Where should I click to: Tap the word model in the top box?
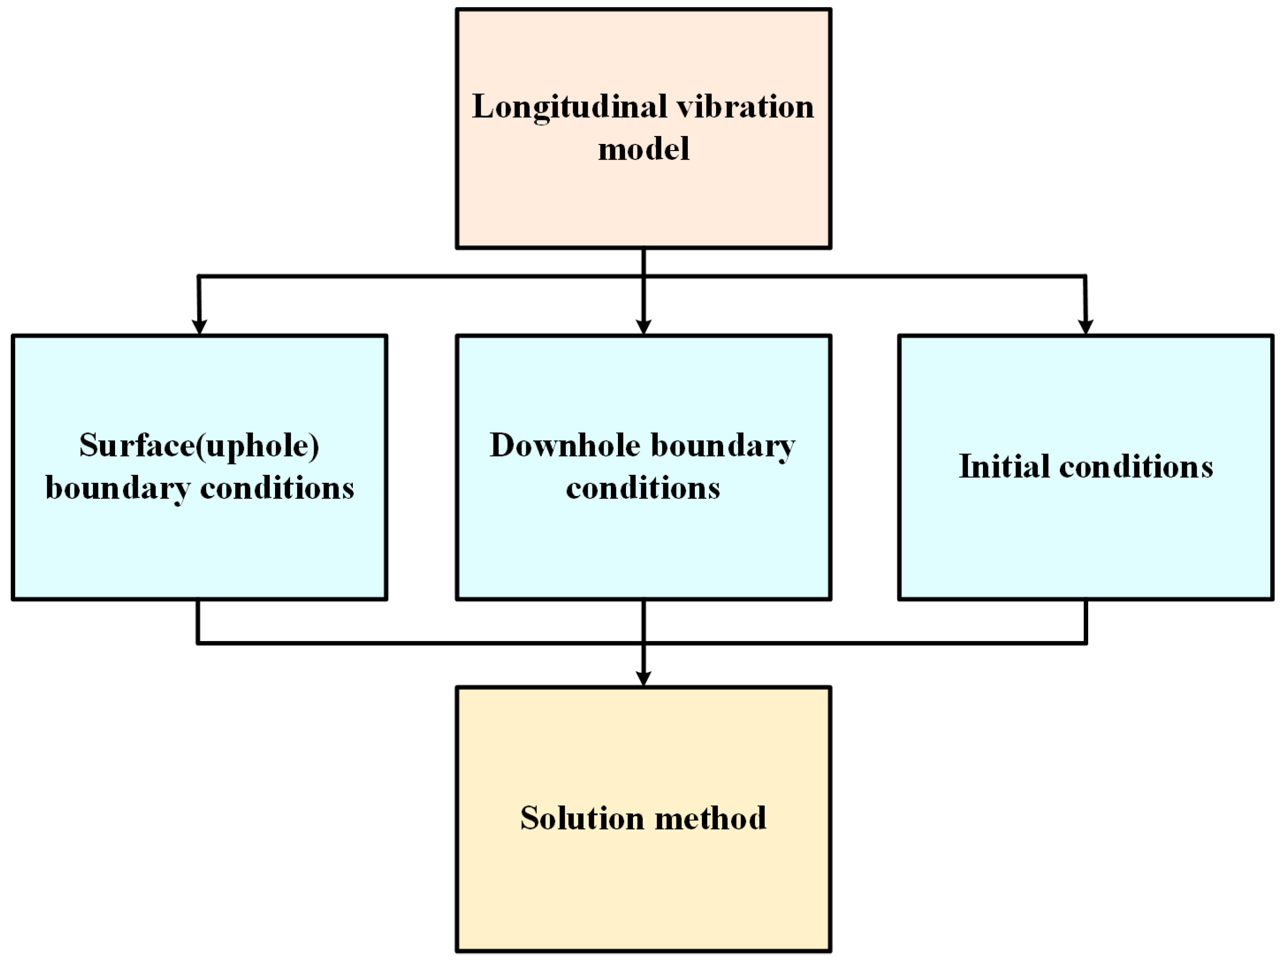(643, 149)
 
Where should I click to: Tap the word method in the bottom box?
(710, 818)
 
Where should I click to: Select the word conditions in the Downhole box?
(642, 488)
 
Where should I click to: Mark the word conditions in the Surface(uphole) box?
(277, 488)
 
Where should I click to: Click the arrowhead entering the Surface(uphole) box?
(199, 327)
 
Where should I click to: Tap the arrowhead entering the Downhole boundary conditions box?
(643, 327)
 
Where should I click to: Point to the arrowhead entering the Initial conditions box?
(1086, 327)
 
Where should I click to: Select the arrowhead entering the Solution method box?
(643, 678)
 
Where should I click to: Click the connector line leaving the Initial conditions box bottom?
(1086, 621)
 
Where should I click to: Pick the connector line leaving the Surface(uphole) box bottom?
(199, 621)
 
